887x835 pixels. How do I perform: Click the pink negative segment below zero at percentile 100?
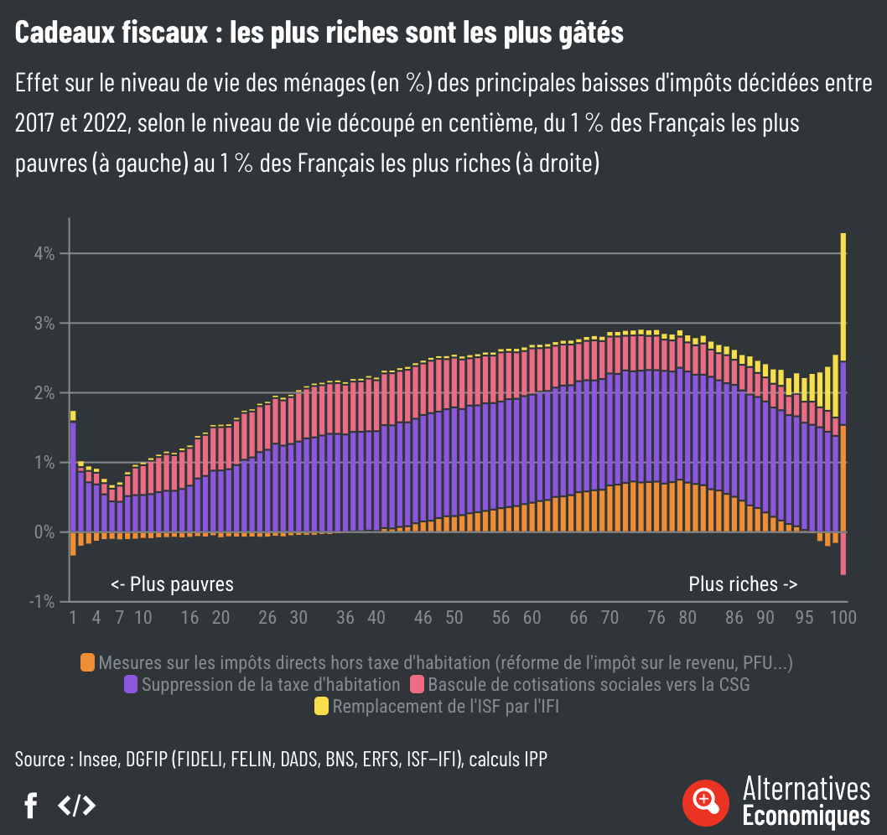pyautogui.click(x=843, y=553)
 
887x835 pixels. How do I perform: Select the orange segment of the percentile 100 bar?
pyautogui.click(x=843, y=478)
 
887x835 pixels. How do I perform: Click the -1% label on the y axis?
pyautogui.click(x=44, y=602)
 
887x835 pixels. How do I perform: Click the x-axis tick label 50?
pyautogui.click(x=454, y=618)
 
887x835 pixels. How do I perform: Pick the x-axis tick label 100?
pyautogui.click(x=843, y=618)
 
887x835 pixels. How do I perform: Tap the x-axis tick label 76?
pyautogui.click(x=656, y=618)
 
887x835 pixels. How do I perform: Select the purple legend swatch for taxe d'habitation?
pyautogui.click(x=131, y=685)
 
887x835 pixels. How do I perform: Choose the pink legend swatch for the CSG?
pyautogui.click(x=417, y=685)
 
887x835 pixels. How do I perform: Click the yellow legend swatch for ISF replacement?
pyautogui.click(x=321, y=707)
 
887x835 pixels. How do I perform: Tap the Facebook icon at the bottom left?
pyautogui.click(x=31, y=806)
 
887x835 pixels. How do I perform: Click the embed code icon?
pyautogui.click(x=76, y=806)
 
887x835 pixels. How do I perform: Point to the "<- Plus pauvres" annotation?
pyautogui.click(x=172, y=584)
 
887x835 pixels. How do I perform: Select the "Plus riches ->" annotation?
pyautogui.click(x=743, y=584)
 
